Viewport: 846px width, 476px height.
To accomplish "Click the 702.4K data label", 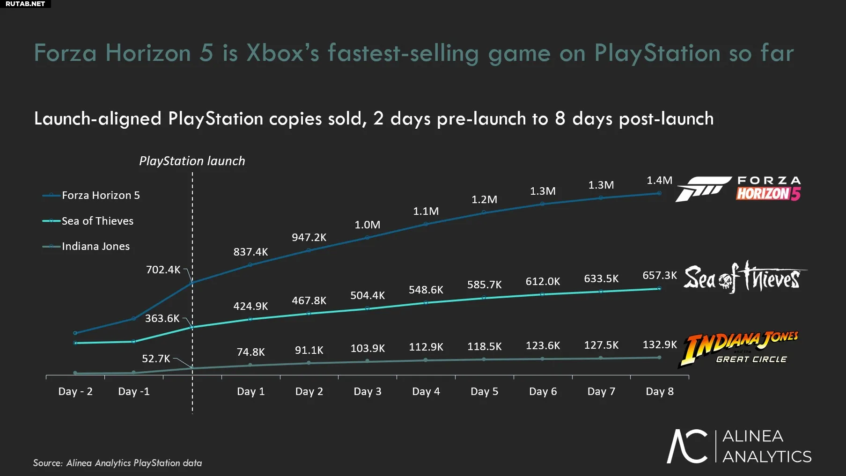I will coord(163,270).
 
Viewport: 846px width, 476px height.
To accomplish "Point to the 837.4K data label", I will coord(250,252).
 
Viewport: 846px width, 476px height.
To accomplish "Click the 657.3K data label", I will coord(659,275).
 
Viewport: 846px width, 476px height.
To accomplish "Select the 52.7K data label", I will coord(156,359).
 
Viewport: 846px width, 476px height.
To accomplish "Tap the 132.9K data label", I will coord(659,345).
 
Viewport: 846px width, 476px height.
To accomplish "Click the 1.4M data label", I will coord(659,180).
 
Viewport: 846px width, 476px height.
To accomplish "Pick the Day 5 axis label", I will coord(484,391).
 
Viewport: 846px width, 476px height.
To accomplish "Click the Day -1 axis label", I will coord(133,391).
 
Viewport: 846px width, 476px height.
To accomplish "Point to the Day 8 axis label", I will coord(659,391).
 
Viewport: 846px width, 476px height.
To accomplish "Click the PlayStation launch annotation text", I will coord(192,161).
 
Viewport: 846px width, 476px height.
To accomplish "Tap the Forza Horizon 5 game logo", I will coord(738,189).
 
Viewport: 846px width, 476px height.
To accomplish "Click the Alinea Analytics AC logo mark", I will coord(687,446).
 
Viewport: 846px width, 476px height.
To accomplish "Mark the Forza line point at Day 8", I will coord(659,193).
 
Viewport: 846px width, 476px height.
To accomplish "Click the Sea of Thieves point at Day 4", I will coord(426,303).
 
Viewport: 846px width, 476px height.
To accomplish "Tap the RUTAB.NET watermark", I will coord(25,4).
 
